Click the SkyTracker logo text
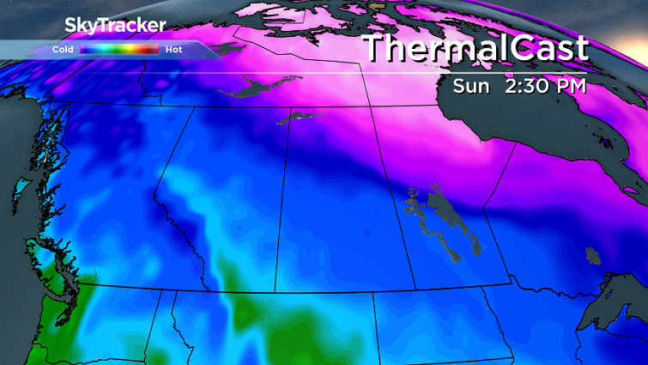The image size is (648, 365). tap(115, 27)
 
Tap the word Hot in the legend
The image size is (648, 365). tap(174, 50)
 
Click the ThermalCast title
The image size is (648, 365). tap(476, 48)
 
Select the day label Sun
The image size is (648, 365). tap(472, 86)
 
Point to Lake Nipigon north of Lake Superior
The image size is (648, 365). tap(592, 254)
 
